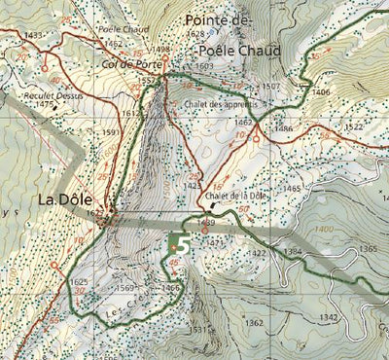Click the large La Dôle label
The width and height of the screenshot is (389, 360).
(x=71, y=199)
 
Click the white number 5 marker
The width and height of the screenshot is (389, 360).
(x=181, y=245)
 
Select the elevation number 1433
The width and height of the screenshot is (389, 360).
(x=32, y=35)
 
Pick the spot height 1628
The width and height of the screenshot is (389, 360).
(x=194, y=33)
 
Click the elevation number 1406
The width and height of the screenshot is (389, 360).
(x=322, y=91)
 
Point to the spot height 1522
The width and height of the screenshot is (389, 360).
(x=354, y=127)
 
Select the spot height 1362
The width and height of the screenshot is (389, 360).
(x=254, y=322)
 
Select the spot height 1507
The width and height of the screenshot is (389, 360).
(x=270, y=87)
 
